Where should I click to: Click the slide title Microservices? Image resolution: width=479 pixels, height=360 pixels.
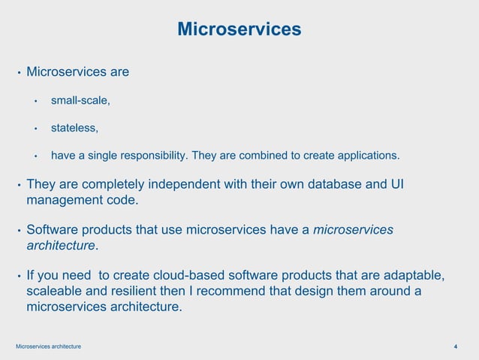(239, 29)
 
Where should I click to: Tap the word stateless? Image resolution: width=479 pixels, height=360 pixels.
(74, 128)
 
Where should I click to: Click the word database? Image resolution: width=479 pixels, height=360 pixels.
(339, 185)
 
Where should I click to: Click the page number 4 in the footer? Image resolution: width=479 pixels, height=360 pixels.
(456, 346)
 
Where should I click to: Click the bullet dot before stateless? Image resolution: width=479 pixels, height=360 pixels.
(35, 129)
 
